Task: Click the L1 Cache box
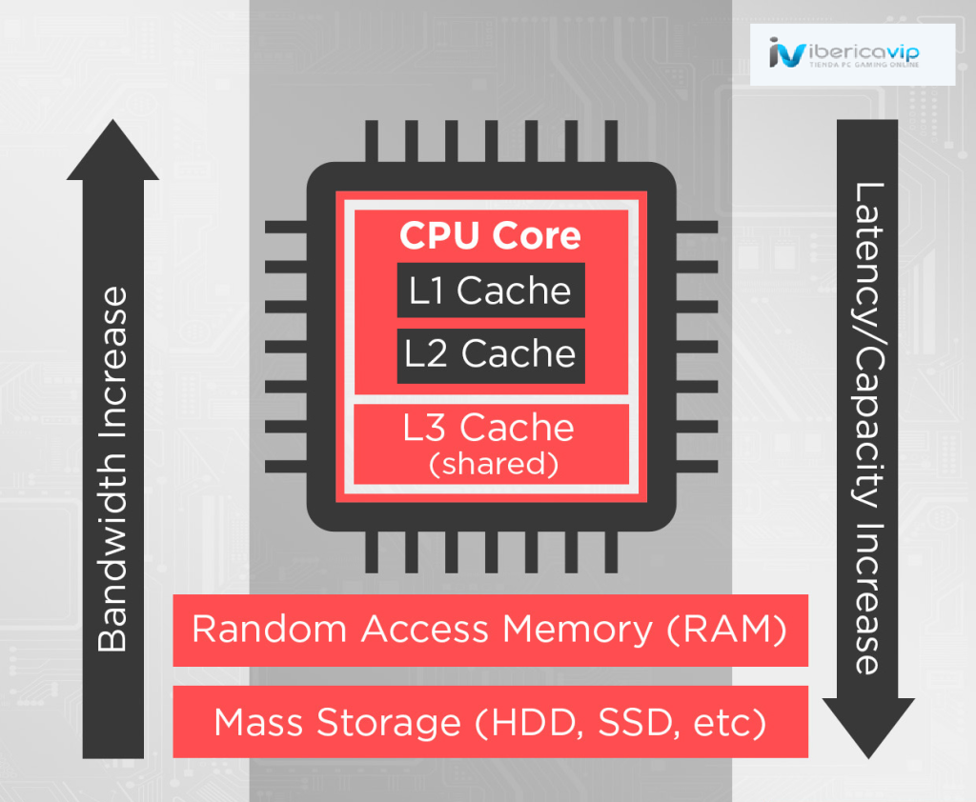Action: (x=490, y=291)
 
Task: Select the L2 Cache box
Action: (x=490, y=354)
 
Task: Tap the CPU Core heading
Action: (x=490, y=235)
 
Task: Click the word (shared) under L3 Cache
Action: (x=490, y=464)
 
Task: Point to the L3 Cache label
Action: (x=489, y=428)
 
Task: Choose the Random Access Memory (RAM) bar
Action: (x=490, y=630)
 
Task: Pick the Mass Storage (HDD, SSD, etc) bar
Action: (x=490, y=722)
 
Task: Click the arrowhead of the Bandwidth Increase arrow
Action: (x=112, y=152)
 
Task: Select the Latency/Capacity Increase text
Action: (x=867, y=429)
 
